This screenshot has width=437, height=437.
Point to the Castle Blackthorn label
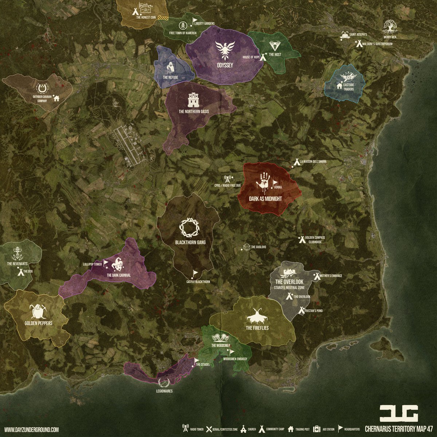tap(198, 282)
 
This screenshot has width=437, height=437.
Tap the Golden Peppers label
tap(39, 323)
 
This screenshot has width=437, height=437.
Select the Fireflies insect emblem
tap(257, 316)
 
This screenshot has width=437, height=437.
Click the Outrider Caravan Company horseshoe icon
tap(43, 88)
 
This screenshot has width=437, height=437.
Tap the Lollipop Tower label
tap(92, 264)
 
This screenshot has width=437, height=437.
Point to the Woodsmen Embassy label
tap(235, 359)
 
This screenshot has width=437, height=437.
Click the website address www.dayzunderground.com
tap(31, 430)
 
